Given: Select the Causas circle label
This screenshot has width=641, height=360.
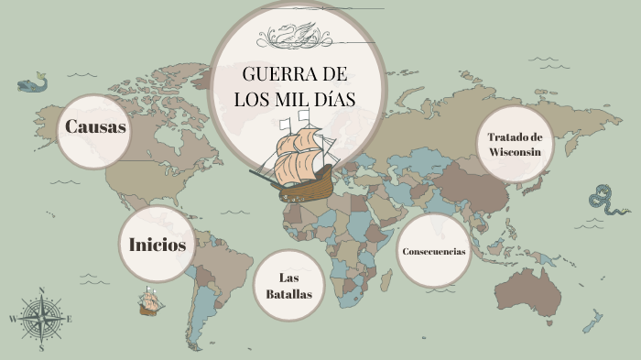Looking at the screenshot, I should [x=95, y=127].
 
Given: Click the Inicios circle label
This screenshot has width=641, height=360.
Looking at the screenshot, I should [x=158, y=245].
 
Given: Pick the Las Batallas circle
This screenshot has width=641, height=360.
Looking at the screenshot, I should [x=289, y=286].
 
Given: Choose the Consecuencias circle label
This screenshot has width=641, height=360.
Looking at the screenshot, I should [x=433, y=251].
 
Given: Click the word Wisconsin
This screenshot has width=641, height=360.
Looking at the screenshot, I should [x=515, y=152].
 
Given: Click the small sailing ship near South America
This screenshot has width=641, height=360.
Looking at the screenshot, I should [x=148, y=300].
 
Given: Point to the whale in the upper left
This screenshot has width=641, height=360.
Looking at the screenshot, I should [x=32, y=84].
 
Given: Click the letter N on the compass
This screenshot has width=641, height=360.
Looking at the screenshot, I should [x=41, y=291].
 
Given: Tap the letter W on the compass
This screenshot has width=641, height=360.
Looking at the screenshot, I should [x=13, y=319].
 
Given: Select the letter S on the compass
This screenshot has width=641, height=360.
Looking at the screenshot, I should [x=41, y=348].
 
